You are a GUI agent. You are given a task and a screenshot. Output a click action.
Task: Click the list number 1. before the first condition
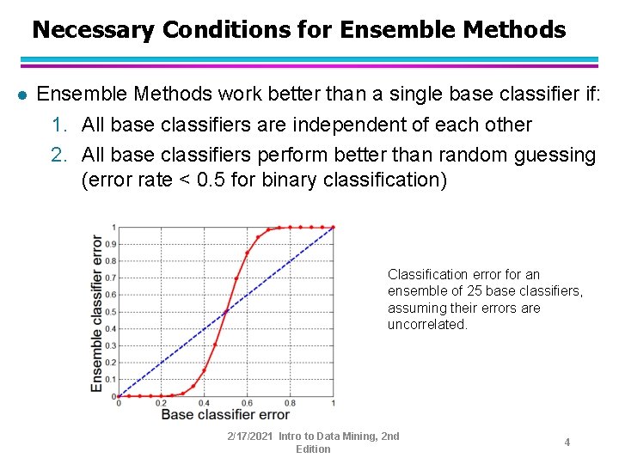(x=59, y=125)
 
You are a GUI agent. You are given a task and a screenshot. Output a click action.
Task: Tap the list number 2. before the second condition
(x=59, y=155)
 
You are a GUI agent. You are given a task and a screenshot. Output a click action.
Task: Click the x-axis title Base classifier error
(x=225, y=415)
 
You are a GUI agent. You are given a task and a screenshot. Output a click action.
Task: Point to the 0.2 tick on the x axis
(x=161, y=403)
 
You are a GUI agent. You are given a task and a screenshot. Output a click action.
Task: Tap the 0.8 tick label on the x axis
(x=290, y=403)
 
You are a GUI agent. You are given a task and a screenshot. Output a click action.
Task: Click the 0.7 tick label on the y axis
(x=110, y=278)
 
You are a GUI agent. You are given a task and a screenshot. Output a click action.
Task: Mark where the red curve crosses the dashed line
(x=225, y=311)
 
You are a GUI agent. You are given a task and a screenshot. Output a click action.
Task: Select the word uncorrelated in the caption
(x=426, y=324)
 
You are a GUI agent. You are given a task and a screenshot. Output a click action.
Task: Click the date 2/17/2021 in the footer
(x=250, y=437)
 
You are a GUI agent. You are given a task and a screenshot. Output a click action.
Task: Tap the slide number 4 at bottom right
(x=567, y=442)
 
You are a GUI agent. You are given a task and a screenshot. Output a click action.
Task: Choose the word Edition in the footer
(x=313, y=449)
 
